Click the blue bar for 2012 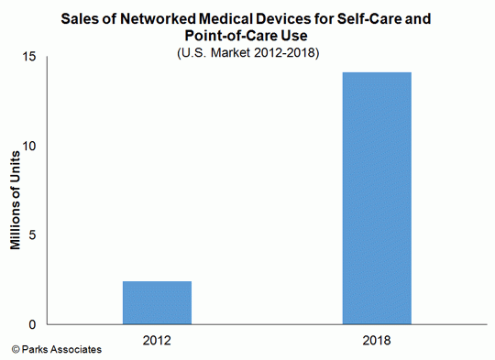coord(157,302)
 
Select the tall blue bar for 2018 coord(377,198)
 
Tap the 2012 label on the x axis coord(157,340)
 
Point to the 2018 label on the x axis coord(377,340)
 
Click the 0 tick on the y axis coord(31,324)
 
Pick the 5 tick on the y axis coord(31,235)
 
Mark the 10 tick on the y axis coord(27,147)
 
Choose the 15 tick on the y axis coord(27,58)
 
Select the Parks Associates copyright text coord(56,350)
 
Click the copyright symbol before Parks coord(16,350)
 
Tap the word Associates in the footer coord(75,350)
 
